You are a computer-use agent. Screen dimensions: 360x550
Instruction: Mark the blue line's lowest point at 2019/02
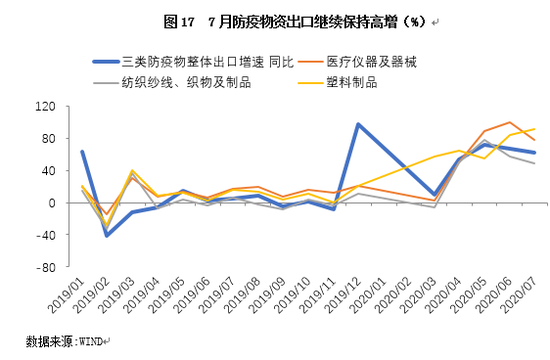107,235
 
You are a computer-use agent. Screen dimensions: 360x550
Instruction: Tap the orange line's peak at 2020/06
510,122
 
